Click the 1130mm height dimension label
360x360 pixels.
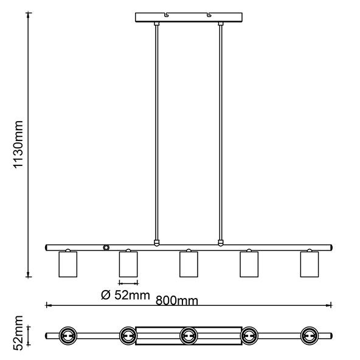point(18,144)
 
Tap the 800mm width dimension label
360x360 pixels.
point(177,300)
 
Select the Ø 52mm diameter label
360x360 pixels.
point(125,295)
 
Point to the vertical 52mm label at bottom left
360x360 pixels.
point(18,333)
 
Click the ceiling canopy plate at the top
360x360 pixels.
point(189,17)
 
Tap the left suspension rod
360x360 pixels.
point(156,133)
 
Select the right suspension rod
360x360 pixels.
point(221,133)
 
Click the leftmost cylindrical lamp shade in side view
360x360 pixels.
point(68,265)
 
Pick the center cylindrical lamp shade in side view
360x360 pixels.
point(189,265)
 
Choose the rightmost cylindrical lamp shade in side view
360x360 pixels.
point(310,265)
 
